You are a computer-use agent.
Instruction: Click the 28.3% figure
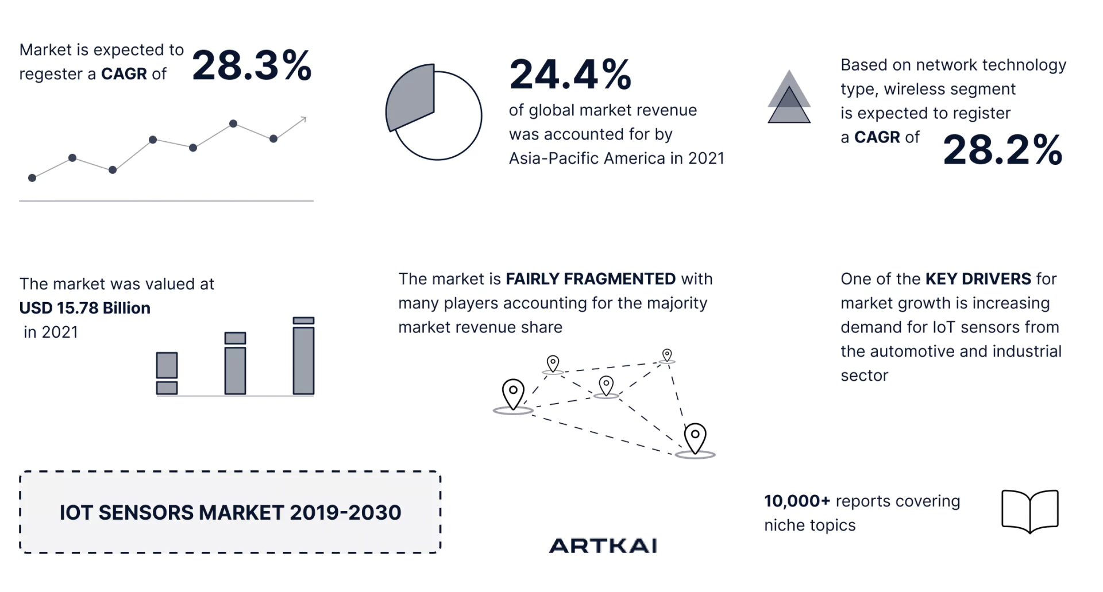[x=252, y=65]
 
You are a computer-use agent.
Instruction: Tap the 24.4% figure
[x=570, y=75]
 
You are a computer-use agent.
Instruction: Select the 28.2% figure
[x=1002, y=150]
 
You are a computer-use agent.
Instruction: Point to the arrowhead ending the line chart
[x=303, y=119]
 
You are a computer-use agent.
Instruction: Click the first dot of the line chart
[x=32, y=178]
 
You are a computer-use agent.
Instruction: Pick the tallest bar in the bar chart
[x=303, y=355]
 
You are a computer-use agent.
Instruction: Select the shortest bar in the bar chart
[x=167, y=373]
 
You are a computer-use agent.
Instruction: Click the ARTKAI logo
[x=603, y=545]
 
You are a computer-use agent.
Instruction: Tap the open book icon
[x=1029, y=510]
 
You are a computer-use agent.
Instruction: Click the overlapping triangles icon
[x=789, y=97]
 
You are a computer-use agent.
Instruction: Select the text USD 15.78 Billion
[x=85, y=308]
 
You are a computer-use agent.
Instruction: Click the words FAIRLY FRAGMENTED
[x=591, y=279]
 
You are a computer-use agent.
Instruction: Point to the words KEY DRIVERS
[x=978, y=279]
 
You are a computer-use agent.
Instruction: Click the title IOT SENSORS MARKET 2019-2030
[x=230, y=512]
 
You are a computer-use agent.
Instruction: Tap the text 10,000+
[x=797, y=501]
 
